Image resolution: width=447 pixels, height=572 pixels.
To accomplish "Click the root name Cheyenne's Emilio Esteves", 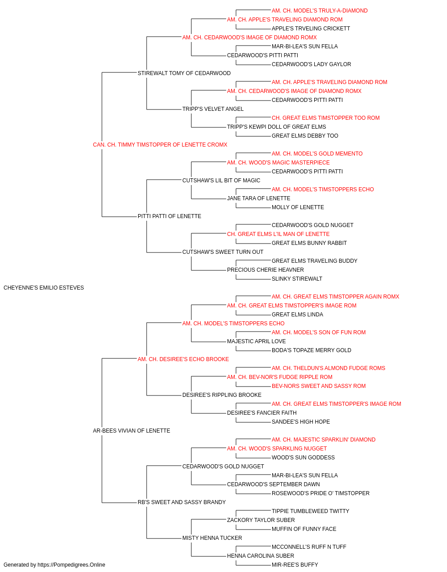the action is [44, 288].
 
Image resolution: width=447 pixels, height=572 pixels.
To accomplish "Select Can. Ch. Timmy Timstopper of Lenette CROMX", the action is [160, 145].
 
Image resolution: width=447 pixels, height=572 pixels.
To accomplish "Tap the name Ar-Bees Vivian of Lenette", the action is [131, 431].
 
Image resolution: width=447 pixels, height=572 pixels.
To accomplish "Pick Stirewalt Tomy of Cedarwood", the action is [184, 73].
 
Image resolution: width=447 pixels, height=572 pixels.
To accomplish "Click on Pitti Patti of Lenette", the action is [169, 216].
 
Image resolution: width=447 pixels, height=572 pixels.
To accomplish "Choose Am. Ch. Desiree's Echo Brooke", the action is [183, 359].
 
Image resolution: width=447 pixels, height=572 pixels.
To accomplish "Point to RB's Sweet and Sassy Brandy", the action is [181, 502].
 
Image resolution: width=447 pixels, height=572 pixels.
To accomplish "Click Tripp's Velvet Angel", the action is [213, 109].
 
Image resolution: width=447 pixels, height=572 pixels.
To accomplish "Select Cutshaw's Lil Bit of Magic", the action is [221, 180].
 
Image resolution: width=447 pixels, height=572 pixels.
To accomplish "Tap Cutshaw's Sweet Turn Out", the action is [223, 252].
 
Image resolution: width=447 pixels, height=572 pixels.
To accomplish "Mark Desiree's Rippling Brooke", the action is [222, 395].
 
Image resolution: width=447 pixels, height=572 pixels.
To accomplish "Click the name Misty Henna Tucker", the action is [212, 538].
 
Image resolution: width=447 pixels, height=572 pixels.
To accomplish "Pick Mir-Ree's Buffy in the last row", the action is [295, 565].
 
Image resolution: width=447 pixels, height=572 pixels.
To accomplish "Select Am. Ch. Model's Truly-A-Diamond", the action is [320, 11].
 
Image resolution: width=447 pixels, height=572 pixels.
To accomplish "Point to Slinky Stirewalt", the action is [297, 279].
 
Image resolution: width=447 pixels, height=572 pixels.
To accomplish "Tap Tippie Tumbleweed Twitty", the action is [310, 511].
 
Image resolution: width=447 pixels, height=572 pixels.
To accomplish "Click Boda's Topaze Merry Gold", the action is [312, 350].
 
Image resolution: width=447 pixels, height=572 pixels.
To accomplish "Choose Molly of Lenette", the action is [298, 207].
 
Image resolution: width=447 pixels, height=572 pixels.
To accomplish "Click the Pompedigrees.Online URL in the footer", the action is [72, 565].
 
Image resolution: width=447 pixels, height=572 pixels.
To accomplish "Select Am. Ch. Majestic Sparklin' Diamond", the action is [324, 440].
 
